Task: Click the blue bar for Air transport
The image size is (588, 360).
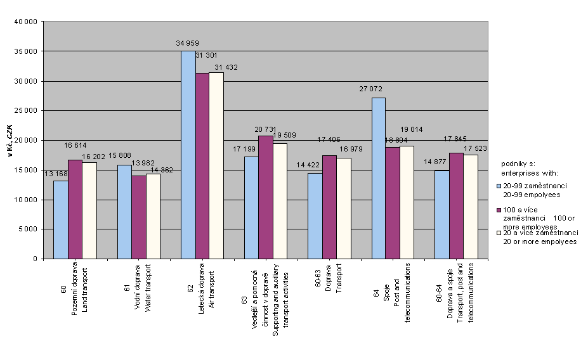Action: [188, 155]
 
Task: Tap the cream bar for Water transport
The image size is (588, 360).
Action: [153, 216]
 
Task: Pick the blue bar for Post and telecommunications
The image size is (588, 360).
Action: [379, 178]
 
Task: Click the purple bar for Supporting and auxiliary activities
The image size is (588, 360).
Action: [266, 197]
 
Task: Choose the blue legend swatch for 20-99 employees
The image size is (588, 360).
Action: [499, 186]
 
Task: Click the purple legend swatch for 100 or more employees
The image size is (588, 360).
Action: [499, 209]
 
